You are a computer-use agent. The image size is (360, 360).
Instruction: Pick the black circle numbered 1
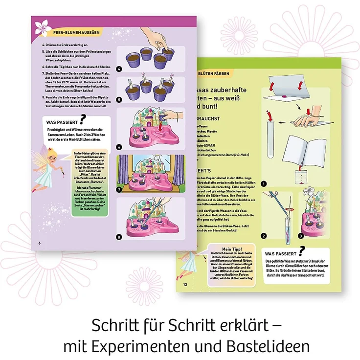coord(264,184)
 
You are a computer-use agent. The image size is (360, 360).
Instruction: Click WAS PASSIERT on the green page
coord(281,254)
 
